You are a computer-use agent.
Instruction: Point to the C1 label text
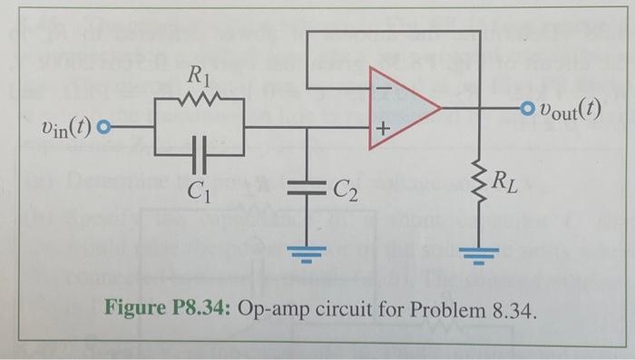coord(198,191)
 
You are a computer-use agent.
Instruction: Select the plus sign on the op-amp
coord(382,131)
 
